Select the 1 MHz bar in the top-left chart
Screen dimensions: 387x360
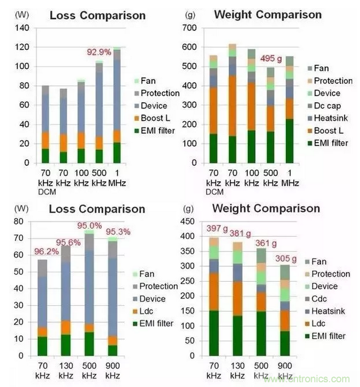coord(117,105)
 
